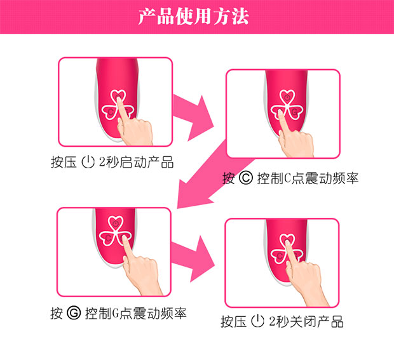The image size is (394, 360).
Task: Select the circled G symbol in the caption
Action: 73,313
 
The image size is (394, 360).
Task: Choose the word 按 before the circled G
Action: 57,313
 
